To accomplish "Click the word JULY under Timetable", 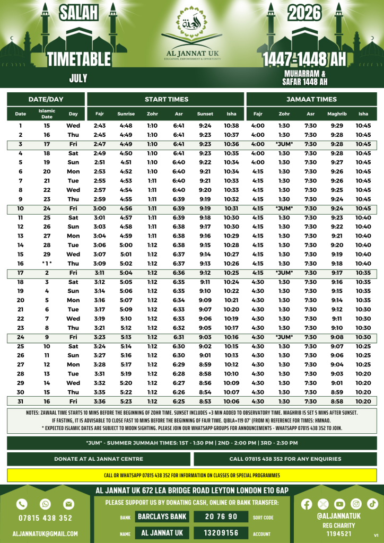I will [x=78, y=78].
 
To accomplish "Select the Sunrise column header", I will [x=126, y=114].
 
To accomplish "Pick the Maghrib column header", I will [x=337, y=114].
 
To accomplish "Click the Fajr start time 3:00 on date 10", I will [x=100, y=208].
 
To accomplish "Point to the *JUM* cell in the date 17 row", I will [x=284, y=273].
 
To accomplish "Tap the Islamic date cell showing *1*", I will [x=47, y=264].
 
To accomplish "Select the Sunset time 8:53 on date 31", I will [x=205, y=401].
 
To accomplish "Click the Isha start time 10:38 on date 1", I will [x=231, y=126].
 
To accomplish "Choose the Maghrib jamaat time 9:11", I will [x=337, y=319].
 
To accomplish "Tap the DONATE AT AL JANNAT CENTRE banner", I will [x=99, y=459].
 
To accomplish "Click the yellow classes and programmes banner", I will [x=191, y=475].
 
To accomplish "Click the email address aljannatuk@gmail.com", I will [x=46, y=533].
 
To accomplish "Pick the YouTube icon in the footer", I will [x=339, y=503].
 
